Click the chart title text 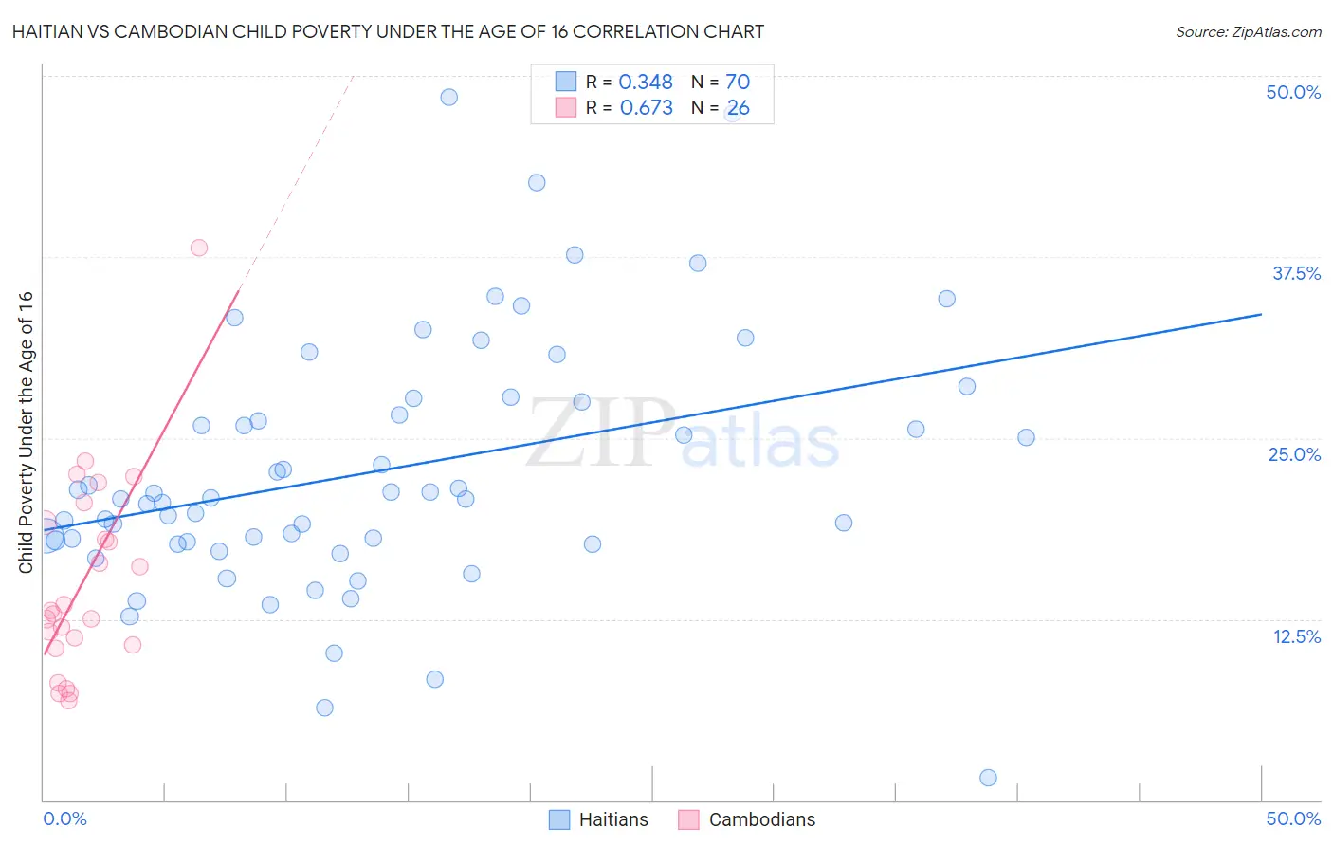coord(388,32)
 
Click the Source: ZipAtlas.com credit coord(1248,32)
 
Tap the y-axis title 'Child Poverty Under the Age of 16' coord(27,432)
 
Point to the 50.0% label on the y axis coord(1293,92)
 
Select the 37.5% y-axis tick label coord(1296,273)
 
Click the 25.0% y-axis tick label coord(1294,454)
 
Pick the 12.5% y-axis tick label coord(1296,636)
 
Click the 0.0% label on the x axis coord(64,818)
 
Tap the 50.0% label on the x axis coord(1293,818)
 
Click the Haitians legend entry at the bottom coord(600,819)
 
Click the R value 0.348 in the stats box coord(646,83)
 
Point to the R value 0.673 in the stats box coord(646,108)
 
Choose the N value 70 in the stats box coord(738,83)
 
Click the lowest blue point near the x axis coord(988,778)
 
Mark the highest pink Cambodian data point coord(199,248)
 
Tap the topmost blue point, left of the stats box coord(449,97)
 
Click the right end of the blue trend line coord(1261,314)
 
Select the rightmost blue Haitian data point coord(1026,437)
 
